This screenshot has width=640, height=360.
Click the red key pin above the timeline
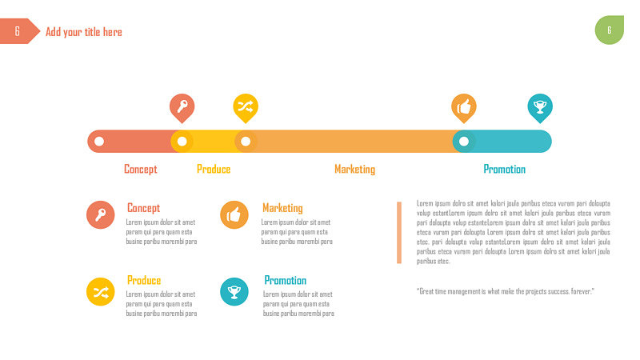coord(182,107)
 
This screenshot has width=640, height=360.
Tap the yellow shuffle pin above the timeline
coord(246,107)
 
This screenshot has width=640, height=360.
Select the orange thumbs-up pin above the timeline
coord(464,107)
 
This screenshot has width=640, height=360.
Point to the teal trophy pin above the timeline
coord(540,107)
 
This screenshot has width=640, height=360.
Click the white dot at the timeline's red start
coord(99,142)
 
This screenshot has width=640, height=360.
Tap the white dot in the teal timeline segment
coord(464,142)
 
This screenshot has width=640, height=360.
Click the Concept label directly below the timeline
coord(141,169)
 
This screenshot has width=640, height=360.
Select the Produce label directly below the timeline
coord(214,169)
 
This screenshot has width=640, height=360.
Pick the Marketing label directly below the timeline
coord(354,170)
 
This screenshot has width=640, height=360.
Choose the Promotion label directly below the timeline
coord(505,169)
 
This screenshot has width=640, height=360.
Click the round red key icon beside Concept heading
coord(101,214)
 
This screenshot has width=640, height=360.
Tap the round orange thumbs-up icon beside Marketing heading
coord(234,214)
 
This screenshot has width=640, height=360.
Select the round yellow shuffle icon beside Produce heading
coord(101,292)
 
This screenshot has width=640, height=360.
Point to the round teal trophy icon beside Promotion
coord(234,292)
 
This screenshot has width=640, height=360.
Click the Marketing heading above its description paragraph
coord(282,208)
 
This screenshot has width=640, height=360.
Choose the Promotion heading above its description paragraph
coord(286,281)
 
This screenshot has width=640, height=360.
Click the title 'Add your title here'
coord(84,32)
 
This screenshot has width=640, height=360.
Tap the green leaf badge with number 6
coord(610,30)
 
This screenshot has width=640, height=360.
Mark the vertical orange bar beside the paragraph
coord(399,233)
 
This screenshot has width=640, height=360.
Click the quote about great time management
coord(506,291)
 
